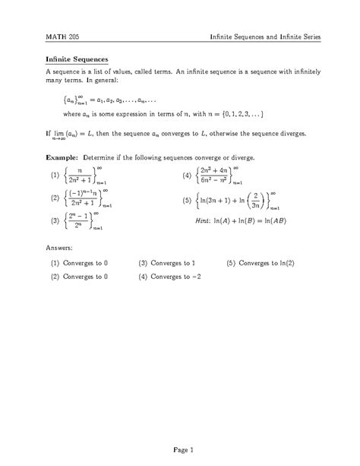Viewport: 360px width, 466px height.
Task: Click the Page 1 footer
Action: [x=179, y=449]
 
